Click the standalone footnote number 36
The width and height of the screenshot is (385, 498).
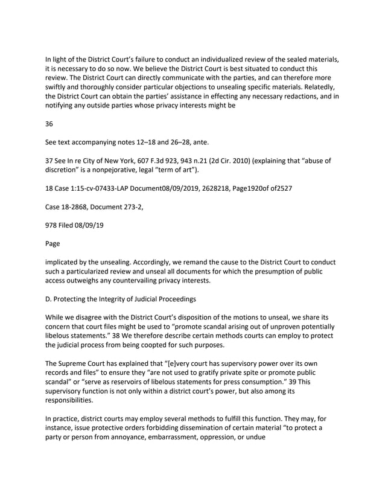click(x=49, y=124)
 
